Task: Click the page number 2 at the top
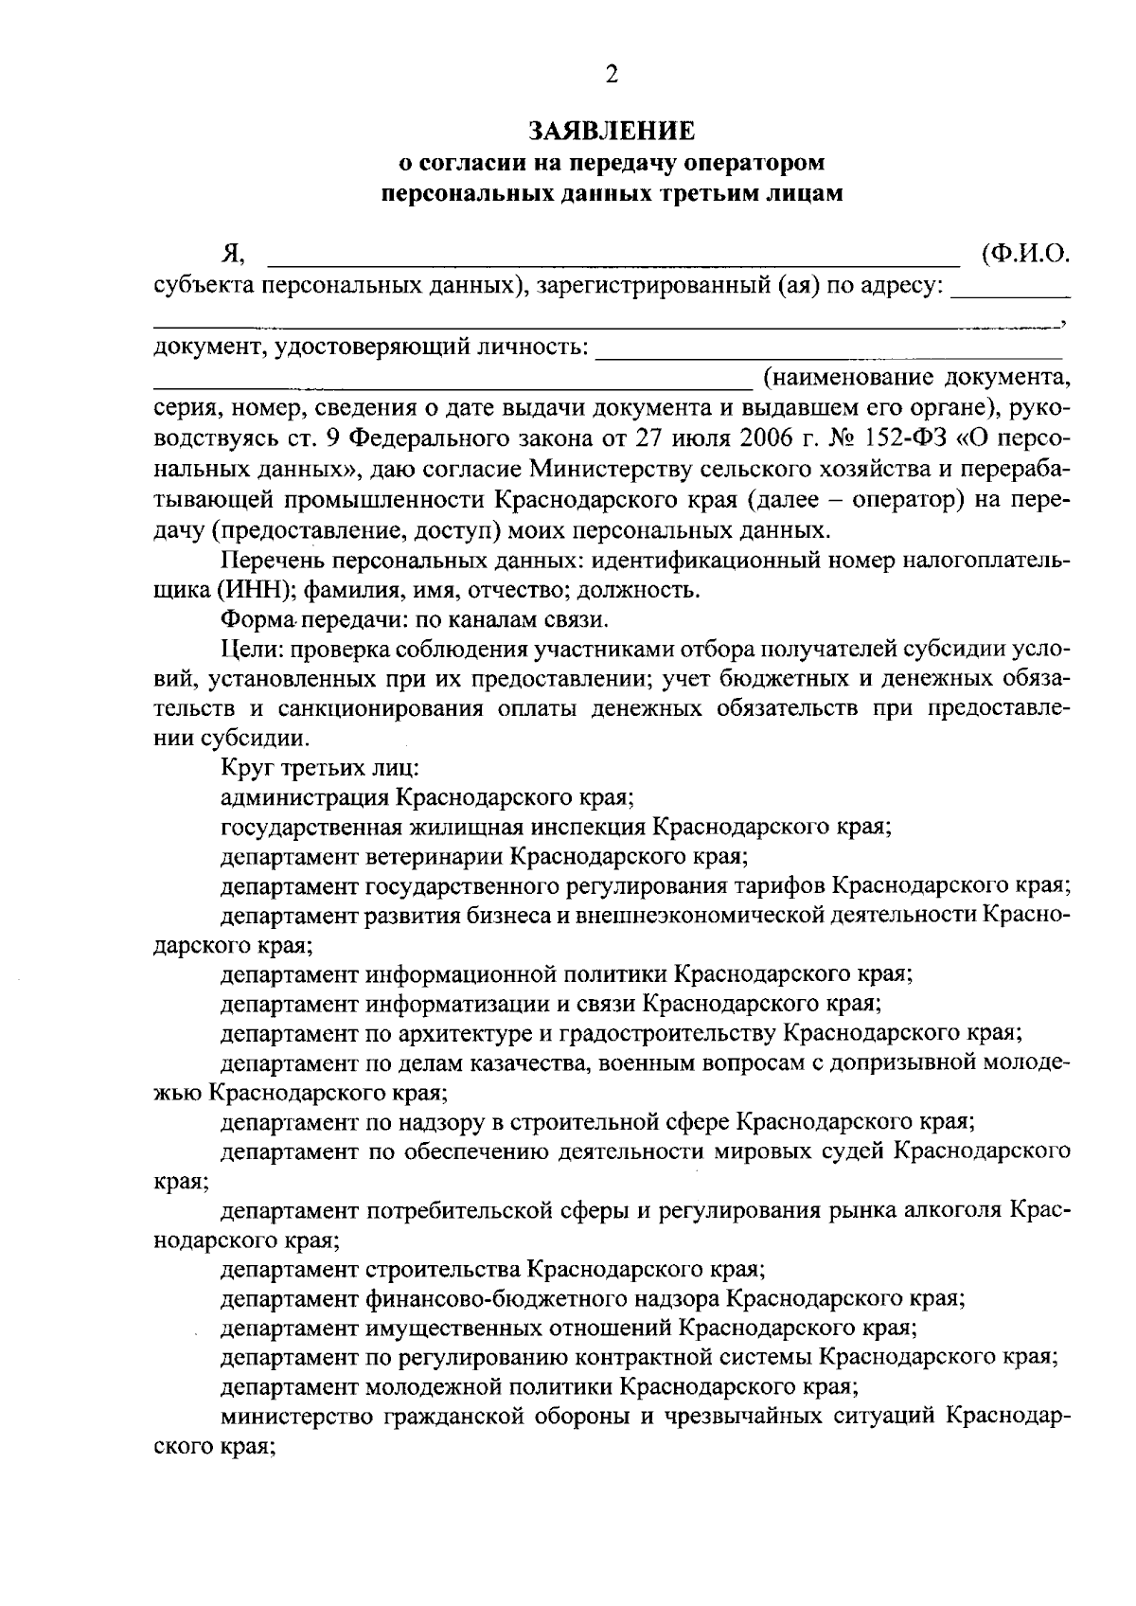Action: (612, 76)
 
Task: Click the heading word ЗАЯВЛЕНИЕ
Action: (612, 129)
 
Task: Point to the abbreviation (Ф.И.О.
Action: (1025, 253)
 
